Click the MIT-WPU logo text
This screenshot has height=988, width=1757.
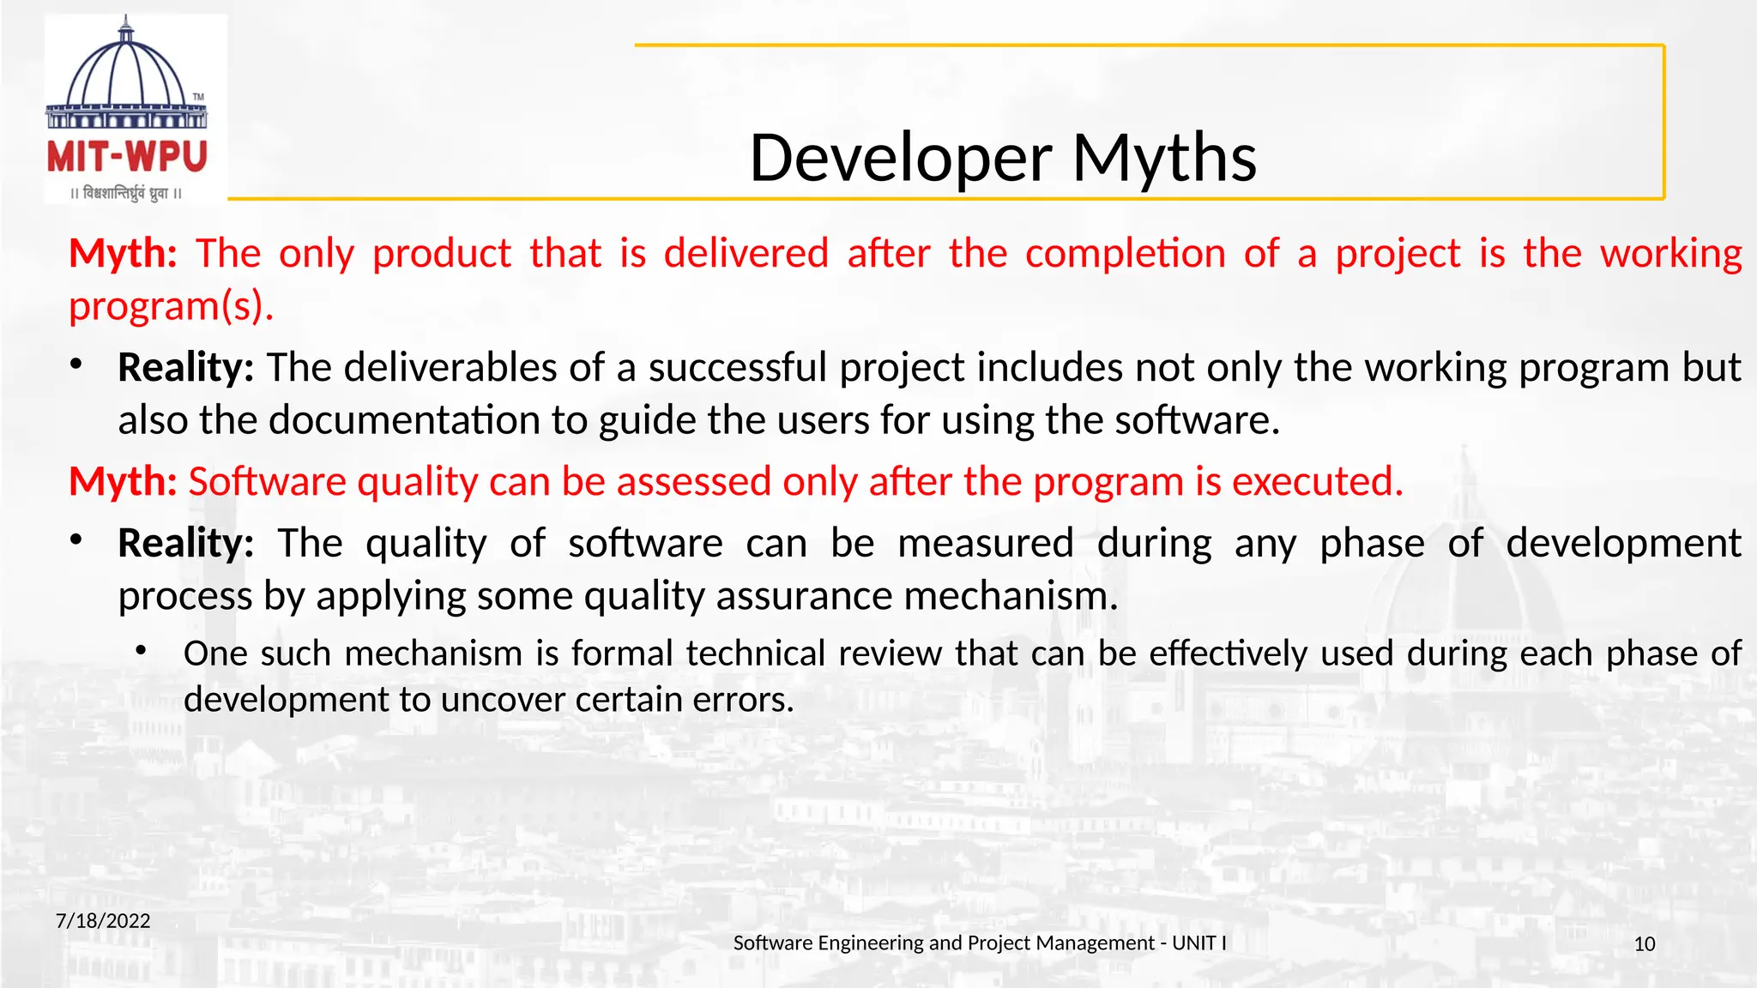pos(127,158)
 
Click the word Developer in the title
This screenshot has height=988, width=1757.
pos(900,159)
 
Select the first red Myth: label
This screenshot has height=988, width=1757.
pos(123,254)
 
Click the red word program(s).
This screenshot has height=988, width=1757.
pos(171,306)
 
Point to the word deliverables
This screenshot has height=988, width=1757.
pos(450,368)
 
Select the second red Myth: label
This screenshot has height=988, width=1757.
pos(123,482)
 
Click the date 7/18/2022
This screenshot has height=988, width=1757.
pos(103,921)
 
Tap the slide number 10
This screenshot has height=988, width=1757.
pos(1644,944)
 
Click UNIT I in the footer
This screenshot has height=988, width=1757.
pos(1199,943)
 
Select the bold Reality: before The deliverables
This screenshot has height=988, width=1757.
pos(185,368)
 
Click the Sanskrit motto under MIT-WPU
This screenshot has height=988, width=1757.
pos(126,194)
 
